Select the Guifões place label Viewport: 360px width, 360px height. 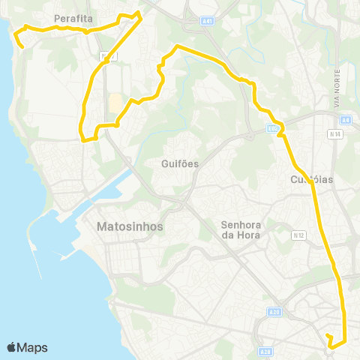coord(179,163)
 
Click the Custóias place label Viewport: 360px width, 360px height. coord(310,180)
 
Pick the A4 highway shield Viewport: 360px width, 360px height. coord(345,120)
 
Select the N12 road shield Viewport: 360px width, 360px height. coord(299,235)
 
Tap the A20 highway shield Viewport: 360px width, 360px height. coord(274,313)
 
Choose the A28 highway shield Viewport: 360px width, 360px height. coord(265,351)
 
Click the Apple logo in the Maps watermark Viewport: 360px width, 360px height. coord(12,347)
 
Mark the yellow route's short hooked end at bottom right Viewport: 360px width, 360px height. coord(328,334)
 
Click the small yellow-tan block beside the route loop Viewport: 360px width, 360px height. coord(113,104)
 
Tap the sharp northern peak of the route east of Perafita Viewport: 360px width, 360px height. coord(139,12)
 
